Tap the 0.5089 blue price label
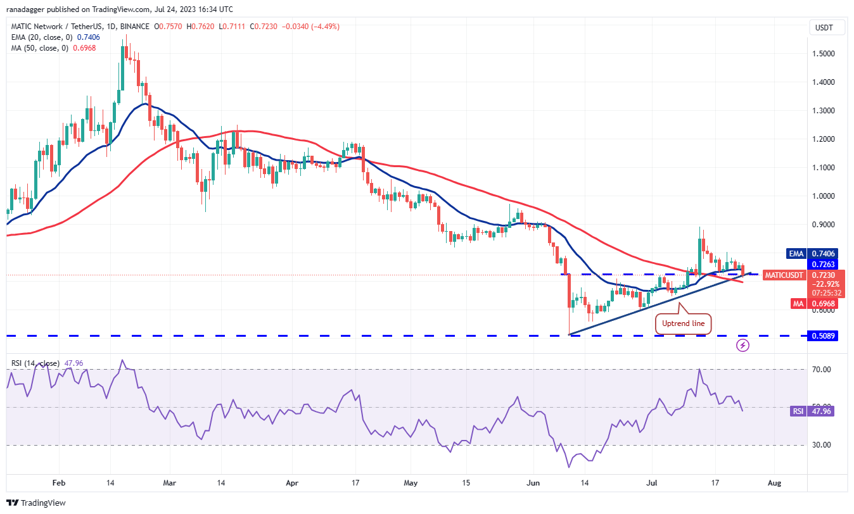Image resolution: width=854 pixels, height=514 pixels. pyautogui.click(x=824, y=336)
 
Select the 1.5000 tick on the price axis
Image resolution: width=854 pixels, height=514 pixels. pyautogui.click(x=824, y=53)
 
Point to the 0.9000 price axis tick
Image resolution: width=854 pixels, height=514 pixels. pyautogui.click(x=824, y=224)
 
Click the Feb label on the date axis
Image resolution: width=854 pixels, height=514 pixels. pyautogui.click(x=59, y=482)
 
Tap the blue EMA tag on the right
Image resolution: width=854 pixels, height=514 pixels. pyautogui.click(x=796, y=253)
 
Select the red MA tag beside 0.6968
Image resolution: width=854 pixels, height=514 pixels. pyautogui.click(x=797, y=304)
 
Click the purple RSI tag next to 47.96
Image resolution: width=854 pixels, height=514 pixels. pyautogui.click(x=797, y=411)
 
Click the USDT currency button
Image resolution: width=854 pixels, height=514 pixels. pyautogui.click(x=824, y=28)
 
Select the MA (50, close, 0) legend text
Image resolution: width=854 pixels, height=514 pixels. pyautogui.click(x=41, y=48)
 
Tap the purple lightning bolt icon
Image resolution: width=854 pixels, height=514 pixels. pyautogui.click(x=743, y=346)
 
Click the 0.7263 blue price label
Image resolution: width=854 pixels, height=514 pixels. pyautogui.click(x=824, y=264)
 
